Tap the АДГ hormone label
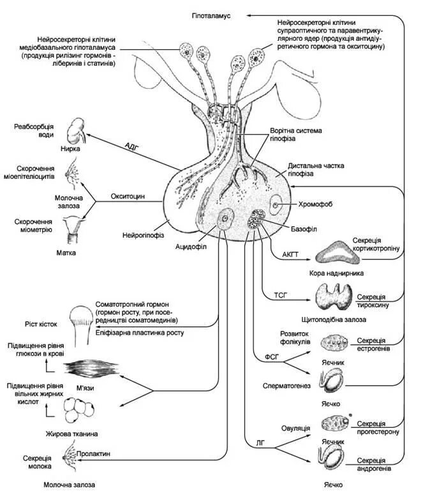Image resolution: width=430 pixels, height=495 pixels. [x=132, y=146]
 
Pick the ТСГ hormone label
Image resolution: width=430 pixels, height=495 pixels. [x=281, y=296]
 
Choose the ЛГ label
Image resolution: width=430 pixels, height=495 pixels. [x=261, y=441]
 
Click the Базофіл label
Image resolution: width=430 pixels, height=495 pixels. [x=302, y=228]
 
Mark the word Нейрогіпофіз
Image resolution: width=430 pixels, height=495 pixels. [x=145, y=236]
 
